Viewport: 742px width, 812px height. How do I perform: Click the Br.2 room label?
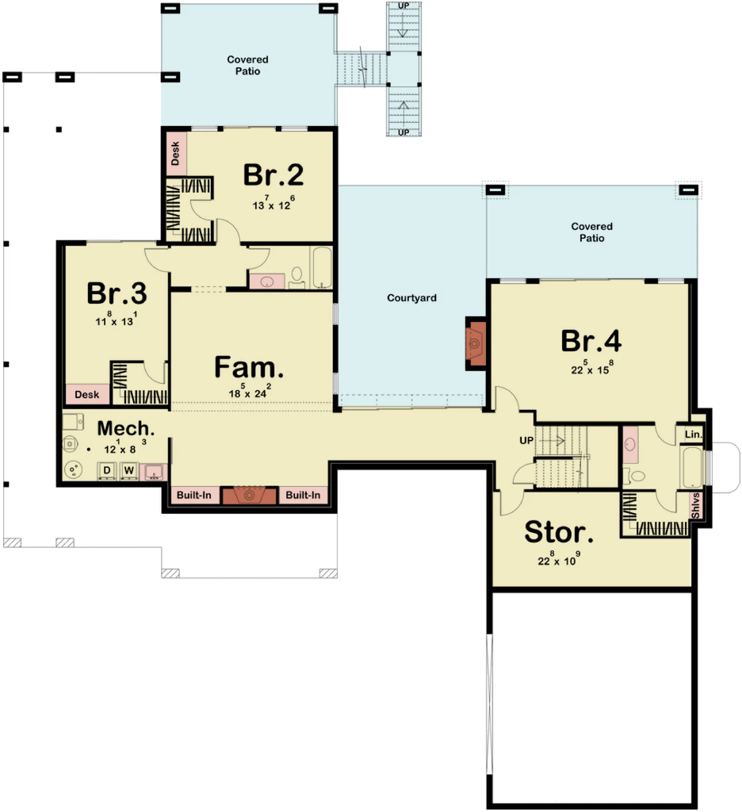pyautogui.click(x=273, y=174)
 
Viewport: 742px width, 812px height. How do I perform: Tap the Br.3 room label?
pyautogui.click(x=117, y=293)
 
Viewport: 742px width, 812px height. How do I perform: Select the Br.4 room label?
pyautogui.click(x=591, y=340)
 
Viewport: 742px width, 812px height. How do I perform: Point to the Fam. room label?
pyautogui.click(x=248, y=367)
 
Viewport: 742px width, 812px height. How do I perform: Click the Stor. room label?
pyautogui.click(x=559, y=533)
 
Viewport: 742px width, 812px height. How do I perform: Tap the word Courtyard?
pyautogui.click(x=411, y=298)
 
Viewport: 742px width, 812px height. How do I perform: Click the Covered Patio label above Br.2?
pyautogui.click(x=247, y=65)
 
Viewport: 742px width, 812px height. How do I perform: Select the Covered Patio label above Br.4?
pyautogui.click(x=591, y=232)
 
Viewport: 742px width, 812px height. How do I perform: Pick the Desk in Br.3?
pyautogui.click(x=86, y=394)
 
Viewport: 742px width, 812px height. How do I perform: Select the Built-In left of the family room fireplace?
pyautogui.click(x=194, y=496)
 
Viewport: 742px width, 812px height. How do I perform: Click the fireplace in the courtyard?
pyautogui.click(x=475, y=343)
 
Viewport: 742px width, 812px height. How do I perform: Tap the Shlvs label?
pyautogui.click(x=697, y=504)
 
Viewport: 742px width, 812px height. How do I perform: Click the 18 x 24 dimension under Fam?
pyautogui.click(x=248, y=391)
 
